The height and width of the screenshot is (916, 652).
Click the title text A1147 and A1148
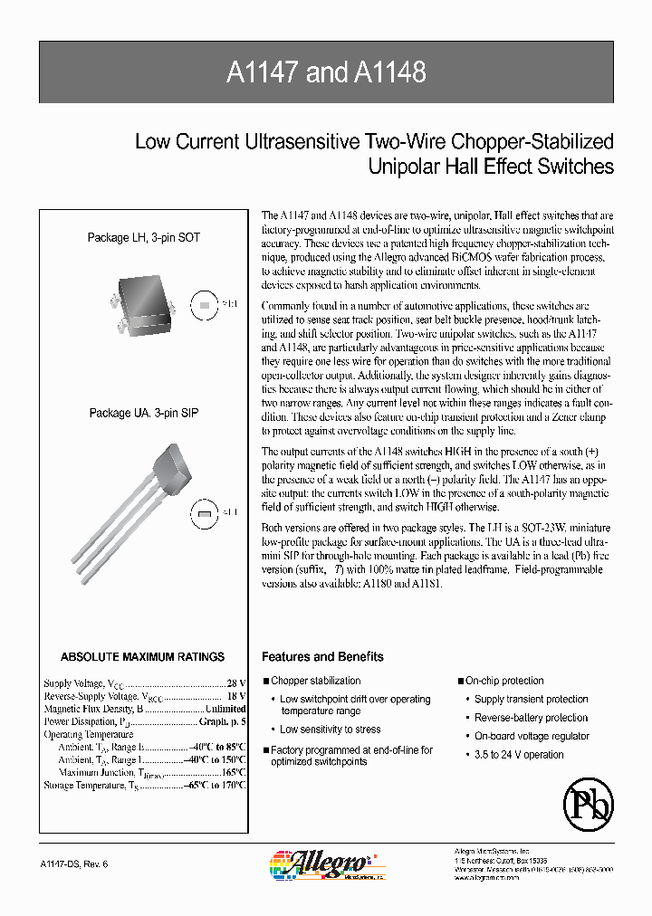(x=326, y=72)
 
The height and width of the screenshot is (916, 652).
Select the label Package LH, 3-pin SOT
(x=143, y=237)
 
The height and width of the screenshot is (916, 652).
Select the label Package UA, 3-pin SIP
(x=143, y=413)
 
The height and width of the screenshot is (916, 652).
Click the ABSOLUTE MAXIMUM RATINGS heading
(x=142, y=657)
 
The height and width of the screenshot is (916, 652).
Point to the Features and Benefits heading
(x=322, y=657)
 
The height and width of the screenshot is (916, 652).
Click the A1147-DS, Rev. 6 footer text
(x=75, y=864)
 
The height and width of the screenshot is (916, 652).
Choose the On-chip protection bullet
(x=504, y=681)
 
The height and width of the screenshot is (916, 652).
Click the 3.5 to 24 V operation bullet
(x=519, y=755)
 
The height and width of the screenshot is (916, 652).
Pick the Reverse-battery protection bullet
(x=531, y=718)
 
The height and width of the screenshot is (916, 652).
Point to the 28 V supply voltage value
(x=236, y=683)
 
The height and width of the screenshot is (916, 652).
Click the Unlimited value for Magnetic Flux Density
(x=225, y=709)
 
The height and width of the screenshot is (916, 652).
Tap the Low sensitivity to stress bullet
(x=330, y=730)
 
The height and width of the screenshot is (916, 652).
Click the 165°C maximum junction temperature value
(x=234, y=773)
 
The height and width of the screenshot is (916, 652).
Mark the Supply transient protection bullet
(x=531, y=700)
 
